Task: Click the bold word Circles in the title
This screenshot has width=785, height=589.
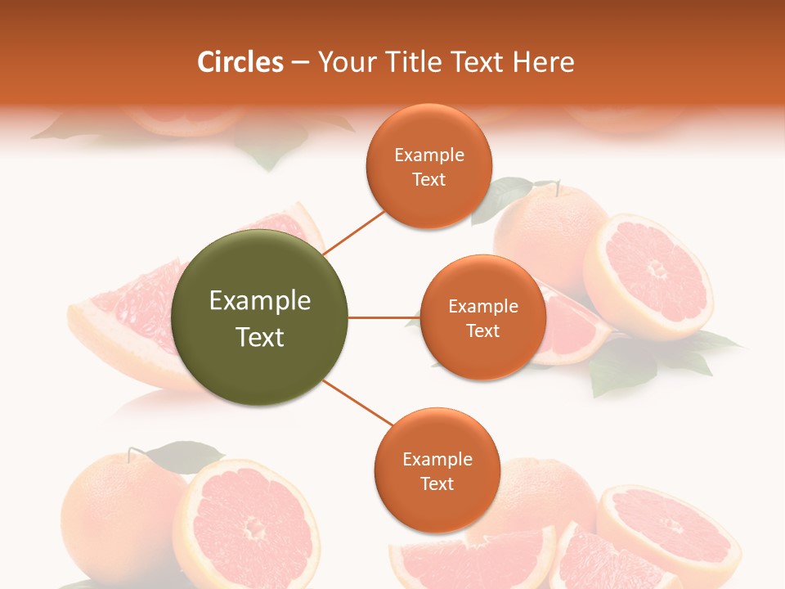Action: point(240,62)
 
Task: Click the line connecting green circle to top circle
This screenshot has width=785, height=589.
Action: point(354,232)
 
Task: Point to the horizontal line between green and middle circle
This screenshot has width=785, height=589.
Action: point(384,317)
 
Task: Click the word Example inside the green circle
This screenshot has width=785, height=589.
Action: point(259,301)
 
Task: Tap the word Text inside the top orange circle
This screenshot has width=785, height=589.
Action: point(428,180)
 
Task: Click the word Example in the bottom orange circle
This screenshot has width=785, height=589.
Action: point(437,459)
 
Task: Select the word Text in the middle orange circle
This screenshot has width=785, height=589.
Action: point(482,330)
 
